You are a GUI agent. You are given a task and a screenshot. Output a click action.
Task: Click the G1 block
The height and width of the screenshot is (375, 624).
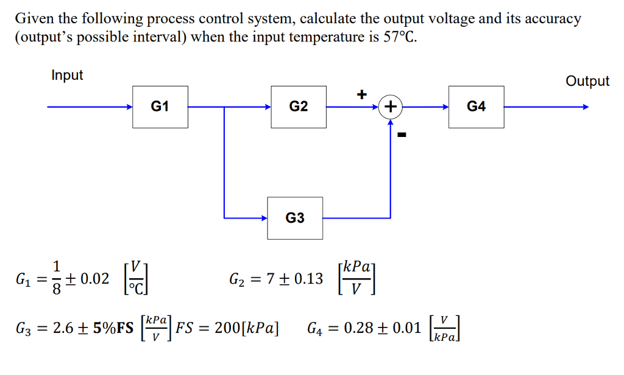pos(160,107)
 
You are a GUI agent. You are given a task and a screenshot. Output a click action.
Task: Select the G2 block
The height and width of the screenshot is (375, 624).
pos(299,107)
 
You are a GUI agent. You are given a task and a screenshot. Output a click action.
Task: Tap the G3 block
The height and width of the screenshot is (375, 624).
pos(295,217)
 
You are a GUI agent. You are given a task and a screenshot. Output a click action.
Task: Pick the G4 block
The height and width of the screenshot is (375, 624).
pos(476,107)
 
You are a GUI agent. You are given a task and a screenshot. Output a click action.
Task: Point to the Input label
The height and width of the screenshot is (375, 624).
pos(67,75)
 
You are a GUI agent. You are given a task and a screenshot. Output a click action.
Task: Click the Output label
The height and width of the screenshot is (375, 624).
pos(587,81)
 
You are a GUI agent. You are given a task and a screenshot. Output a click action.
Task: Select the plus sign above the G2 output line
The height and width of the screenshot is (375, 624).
pos(362,94)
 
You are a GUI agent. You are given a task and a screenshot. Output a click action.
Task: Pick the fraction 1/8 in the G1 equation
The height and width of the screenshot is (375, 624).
pos(57,279)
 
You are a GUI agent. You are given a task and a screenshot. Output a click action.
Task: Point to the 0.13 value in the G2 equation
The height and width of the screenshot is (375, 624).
pos(307,279)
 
